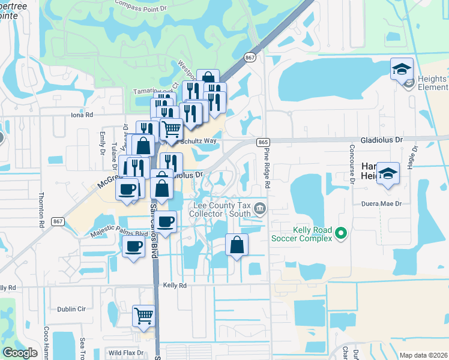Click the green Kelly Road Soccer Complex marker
click(341, 232)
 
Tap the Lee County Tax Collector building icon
click(261, 209)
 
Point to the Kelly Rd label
click(175, 286)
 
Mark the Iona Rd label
click(82, 114)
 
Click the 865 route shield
click(262, 142)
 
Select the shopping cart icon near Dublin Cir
click(144, 314)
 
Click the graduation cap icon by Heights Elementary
click(402, 68)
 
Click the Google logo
click(20, 353)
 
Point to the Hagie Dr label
click(413, 157)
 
